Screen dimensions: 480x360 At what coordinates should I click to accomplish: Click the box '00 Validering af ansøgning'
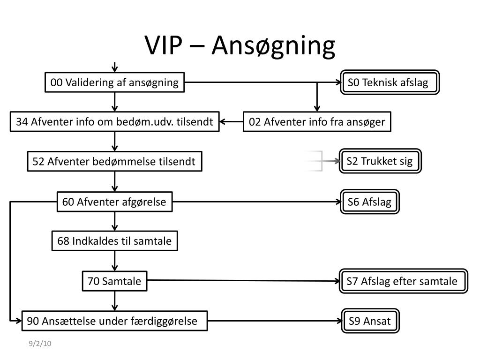(114, 82)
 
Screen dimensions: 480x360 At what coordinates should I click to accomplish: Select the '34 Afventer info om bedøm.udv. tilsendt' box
(114, 122)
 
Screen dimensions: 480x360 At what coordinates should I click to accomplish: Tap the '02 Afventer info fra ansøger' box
(317, 122)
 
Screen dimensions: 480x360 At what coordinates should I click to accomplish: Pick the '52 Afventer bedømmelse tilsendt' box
(114, 161)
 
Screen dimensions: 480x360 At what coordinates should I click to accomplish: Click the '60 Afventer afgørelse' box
(114, 202)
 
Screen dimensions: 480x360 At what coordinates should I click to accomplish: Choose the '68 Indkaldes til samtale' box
(114, 241)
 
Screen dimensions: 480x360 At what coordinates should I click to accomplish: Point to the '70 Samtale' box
(114, 281)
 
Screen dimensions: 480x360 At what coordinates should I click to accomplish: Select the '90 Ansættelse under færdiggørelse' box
(114, 321)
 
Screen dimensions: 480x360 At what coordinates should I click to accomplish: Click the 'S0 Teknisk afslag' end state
(390, 82)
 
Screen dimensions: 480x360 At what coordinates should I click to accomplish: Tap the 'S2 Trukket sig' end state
(380, 161)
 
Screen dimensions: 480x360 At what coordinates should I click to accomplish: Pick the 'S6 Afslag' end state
(370, 202)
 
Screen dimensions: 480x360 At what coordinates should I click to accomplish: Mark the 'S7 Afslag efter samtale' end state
(404, 281)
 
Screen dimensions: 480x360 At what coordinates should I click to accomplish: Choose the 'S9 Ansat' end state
(370, 321)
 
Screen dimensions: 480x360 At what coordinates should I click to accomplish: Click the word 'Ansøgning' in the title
(273, 46)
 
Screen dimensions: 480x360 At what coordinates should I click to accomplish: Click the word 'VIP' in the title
(164, 45)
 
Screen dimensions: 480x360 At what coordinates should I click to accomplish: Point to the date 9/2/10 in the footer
(40, 344)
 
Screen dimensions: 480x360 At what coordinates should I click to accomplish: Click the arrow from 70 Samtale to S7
(244, 281)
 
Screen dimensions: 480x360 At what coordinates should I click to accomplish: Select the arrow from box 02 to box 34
(232, 122)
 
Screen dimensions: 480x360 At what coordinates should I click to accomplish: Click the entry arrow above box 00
(114, 67)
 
